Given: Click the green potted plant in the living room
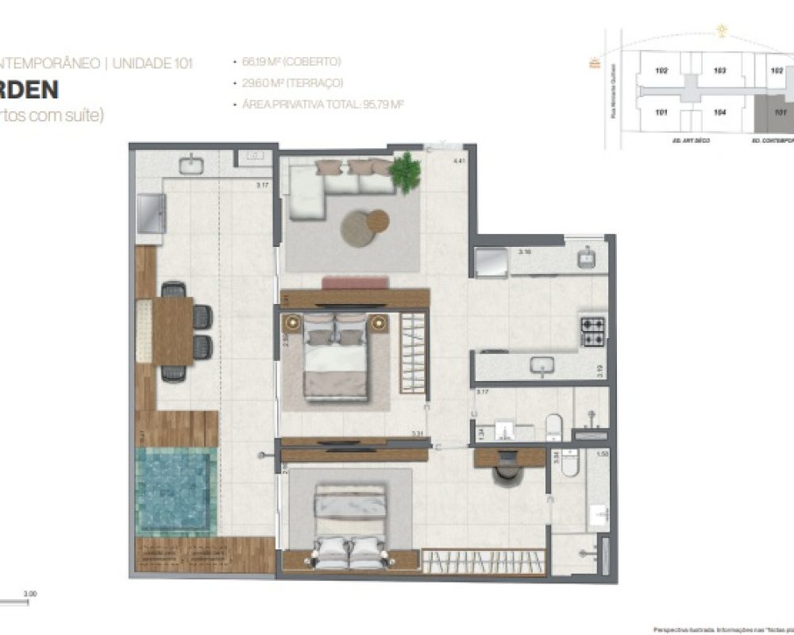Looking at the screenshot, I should (406, 171).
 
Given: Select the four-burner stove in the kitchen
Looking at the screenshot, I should (593, 332).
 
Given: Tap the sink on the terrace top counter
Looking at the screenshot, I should (191, 165).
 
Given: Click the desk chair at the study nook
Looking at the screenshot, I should (506, 473).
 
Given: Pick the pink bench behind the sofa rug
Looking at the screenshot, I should (355, 283).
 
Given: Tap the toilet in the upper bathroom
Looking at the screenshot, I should (555, 425).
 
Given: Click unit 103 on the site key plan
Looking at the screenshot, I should (720, 71).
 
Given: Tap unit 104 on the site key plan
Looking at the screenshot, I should (720, 113).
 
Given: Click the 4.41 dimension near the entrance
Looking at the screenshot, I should (457, 162).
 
